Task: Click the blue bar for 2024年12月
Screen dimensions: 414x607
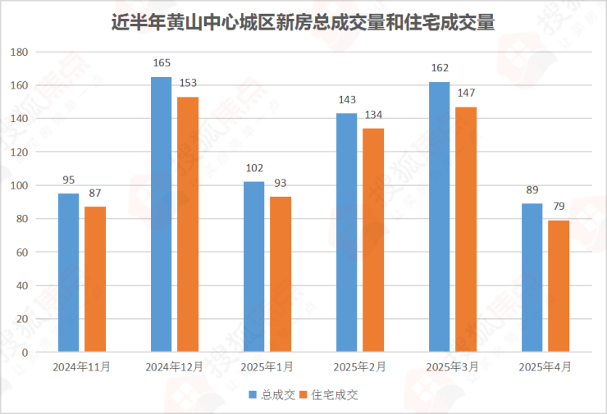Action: click(162, 215)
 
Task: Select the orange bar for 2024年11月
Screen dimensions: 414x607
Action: click(95, 280)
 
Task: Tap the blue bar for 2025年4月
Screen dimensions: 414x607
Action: click(532, 278)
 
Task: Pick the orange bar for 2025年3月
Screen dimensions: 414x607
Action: click(466, 230)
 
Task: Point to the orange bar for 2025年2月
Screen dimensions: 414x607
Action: click(373, 240)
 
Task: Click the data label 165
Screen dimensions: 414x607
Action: click(162, 62)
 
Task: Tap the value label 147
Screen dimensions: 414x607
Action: click(466, 93)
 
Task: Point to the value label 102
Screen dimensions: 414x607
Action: click(254, 167)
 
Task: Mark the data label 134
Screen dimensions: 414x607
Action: click(373, 114)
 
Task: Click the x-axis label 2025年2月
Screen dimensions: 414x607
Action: click(359, 366)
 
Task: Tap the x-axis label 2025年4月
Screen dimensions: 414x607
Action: click(545, 366)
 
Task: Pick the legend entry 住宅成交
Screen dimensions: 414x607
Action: click(334, 394)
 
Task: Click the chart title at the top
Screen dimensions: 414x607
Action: click(303, 21)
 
